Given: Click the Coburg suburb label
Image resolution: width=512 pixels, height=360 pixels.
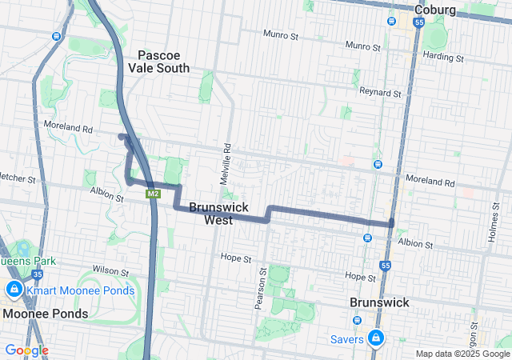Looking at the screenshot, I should (x=435, y=10).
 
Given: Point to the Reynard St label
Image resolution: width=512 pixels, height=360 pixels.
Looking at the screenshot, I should (x=380, y=93).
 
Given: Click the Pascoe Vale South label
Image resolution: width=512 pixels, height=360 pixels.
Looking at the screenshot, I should (x=163, y=62).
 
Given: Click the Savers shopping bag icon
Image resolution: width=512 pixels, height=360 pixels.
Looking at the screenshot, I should (x=374, y=338).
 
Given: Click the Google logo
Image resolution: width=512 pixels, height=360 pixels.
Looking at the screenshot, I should (x=26, y=350).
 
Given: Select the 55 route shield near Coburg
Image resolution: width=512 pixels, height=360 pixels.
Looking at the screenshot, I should (x=419, y=22).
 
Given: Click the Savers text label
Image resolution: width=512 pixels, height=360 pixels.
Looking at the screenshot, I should (x=347, y=338).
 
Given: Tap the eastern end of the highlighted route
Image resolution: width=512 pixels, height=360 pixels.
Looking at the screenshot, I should (x=392, y=224).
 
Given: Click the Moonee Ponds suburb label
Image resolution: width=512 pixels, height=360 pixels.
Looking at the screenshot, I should (x=45, y=314).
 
